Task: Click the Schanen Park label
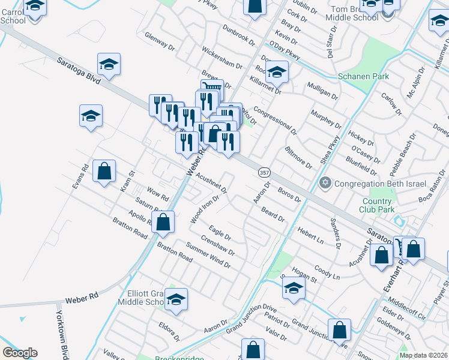(x=363, y=76)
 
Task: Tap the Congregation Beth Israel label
(x=379, y=183)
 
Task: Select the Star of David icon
(x=325, y=183)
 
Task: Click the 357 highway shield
(x=264, y=173)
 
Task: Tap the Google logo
(x=20, y=353)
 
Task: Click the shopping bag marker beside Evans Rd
(x=104, y=171)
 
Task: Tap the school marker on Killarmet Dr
(x=277, y=73)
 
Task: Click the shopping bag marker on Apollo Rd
(x=163, y=221)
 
